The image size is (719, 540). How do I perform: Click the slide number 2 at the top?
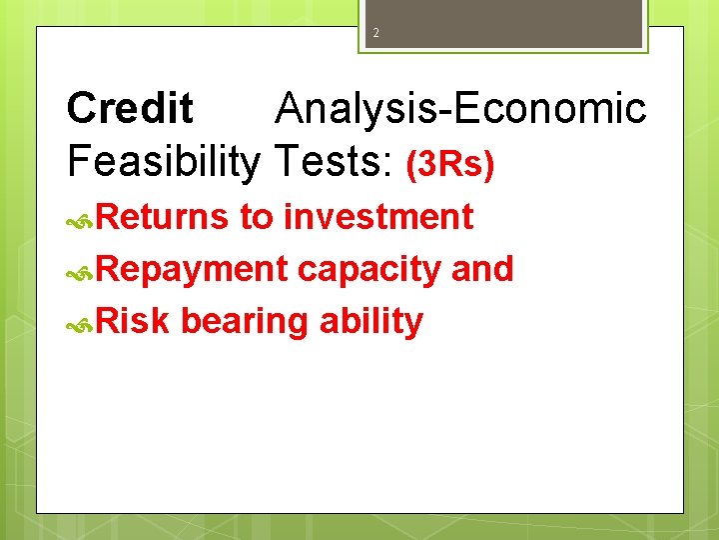(x=376, y=33)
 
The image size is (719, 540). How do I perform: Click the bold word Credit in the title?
(x=130, y=109)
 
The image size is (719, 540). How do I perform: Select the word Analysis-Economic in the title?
(x=460, y=109)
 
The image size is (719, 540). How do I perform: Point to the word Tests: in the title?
(x=335, y=161)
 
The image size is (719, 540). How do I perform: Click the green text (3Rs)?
(x=449, y=165)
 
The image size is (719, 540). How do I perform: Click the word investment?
(x=378, y=217)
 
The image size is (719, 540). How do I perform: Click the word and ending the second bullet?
(x=482, y=269)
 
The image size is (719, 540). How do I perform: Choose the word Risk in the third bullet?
(x=133, y=321)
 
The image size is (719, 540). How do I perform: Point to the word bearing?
(x=245, y=323)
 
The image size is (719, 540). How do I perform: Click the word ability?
(x=371, y=323)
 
